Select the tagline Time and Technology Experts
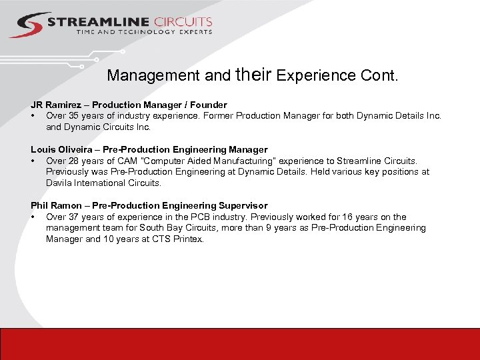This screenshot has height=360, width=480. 144,31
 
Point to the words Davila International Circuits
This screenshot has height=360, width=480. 103,183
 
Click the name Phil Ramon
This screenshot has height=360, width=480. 55,205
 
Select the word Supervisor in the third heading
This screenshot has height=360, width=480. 240,205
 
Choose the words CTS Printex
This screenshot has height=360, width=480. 178,239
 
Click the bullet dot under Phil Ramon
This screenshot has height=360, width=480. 33,217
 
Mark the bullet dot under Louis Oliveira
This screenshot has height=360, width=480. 33,161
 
